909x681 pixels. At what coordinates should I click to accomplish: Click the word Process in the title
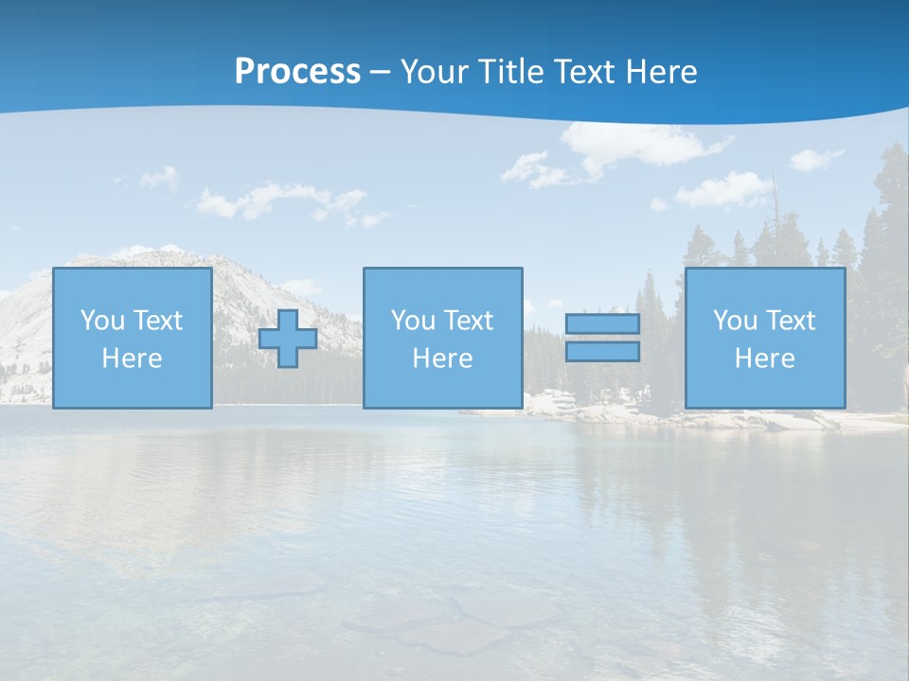[297, 72]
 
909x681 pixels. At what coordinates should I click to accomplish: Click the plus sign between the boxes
[288, 339]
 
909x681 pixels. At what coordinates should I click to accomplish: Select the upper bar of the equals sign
[602, 323]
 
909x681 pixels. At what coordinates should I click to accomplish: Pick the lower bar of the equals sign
[602, 352]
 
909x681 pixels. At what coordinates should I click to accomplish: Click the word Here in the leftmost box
[132, 358]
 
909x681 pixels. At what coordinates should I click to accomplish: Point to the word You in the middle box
[413, 321]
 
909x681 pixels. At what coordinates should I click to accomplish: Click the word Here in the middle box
[442, 358]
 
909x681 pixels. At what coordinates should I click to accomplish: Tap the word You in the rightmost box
[735, 321]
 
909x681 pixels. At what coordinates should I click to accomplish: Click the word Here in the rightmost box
[764, 358]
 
